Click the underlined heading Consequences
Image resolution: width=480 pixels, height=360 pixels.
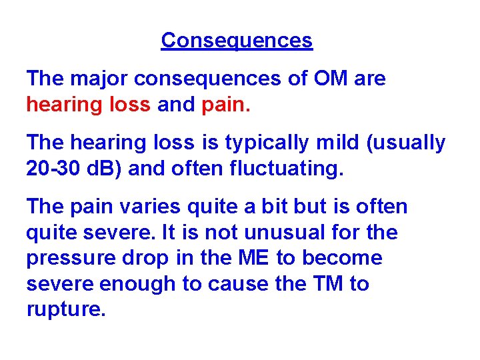(x=237, y=41)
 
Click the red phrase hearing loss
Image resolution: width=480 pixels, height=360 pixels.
(x=89, y=105)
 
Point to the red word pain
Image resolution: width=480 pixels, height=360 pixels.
(x=226, y=105)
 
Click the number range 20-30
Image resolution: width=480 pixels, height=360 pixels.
(x=55, y=169)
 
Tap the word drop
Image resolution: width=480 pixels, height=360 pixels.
(x=140, y=258)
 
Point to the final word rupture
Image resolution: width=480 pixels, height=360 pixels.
(x=65, y=310)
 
